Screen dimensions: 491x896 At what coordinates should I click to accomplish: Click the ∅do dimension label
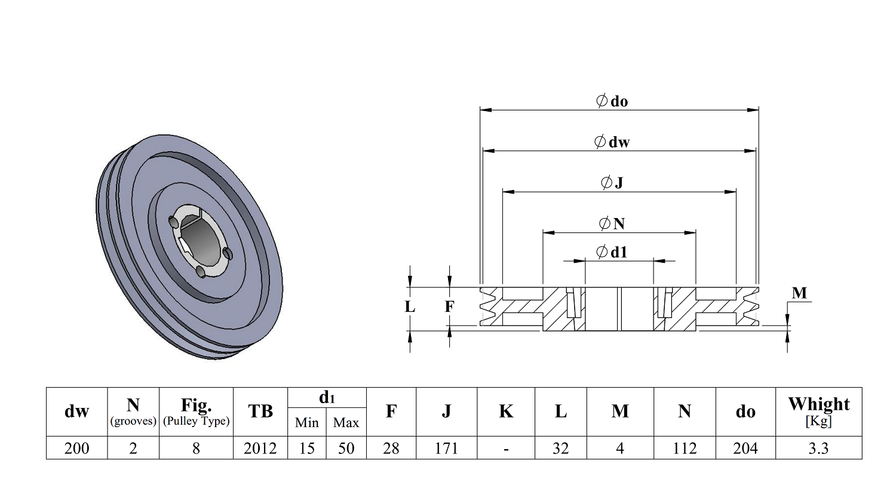[612, 101]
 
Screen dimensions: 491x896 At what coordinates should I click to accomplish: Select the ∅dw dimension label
[612, 142]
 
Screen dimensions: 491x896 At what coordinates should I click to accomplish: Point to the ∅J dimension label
[612, 183]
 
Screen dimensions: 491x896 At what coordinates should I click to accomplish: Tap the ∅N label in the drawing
[612, 223]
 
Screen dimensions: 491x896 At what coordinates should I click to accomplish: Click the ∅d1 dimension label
[612, 252]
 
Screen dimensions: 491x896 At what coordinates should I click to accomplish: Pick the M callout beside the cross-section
[799, 293]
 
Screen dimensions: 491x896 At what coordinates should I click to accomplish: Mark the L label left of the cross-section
[410, 307]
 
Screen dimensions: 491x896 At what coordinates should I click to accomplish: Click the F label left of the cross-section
[449, 307]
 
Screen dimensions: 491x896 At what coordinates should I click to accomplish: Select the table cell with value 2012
[260, 448]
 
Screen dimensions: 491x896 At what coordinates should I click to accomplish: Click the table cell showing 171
[446, 448]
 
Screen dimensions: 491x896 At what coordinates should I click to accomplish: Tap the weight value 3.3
[818, 448]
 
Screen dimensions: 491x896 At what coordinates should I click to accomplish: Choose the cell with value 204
[745, 448]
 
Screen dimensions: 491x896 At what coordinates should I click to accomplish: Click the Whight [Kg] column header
[818, 411]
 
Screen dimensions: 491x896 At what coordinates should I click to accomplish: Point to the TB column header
[260, 411]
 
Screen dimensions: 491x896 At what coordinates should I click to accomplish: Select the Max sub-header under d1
[346, 423]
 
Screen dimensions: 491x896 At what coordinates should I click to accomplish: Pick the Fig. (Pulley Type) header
[196, 411]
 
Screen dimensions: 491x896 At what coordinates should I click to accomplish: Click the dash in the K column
[506, 448]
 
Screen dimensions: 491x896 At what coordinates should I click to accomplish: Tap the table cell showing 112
[685, 448]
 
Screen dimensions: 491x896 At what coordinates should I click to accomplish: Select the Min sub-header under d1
[307, 423]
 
